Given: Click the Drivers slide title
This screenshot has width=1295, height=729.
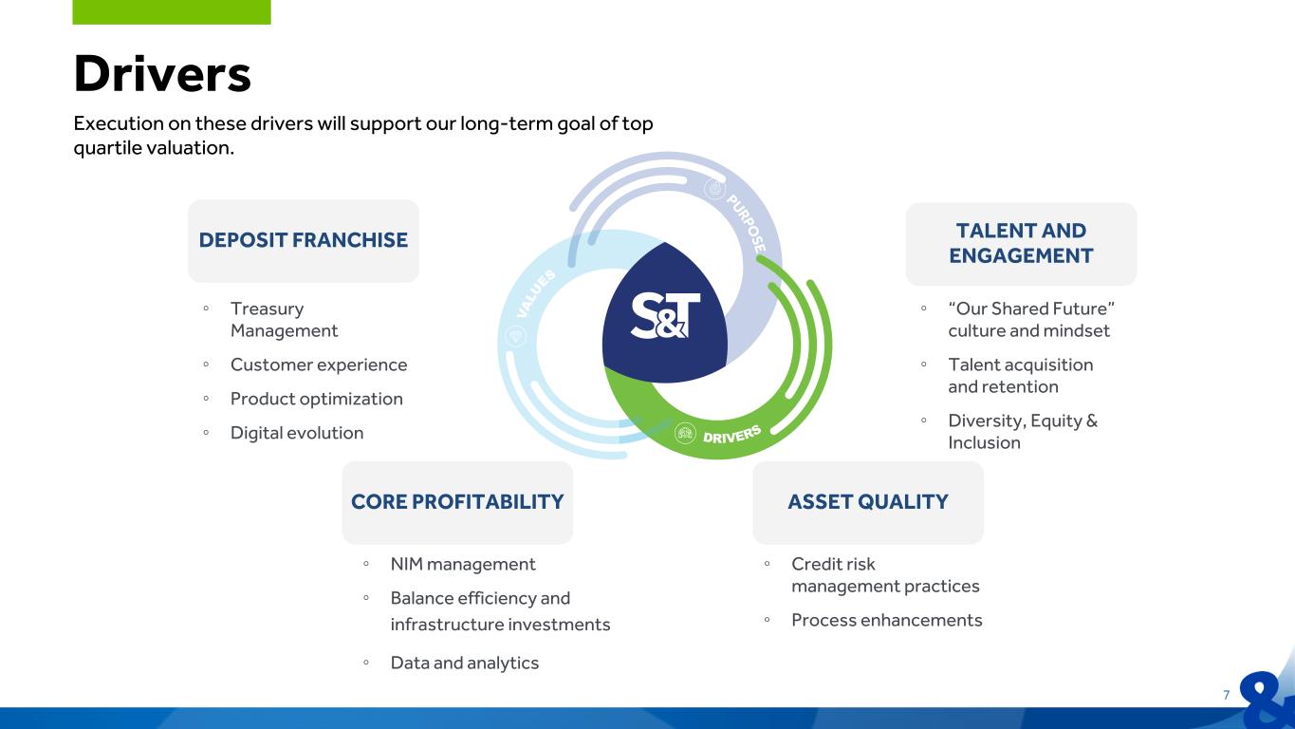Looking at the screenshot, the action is coord(162,73).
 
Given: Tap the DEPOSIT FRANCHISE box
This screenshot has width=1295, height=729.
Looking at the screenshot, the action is coord(304,241).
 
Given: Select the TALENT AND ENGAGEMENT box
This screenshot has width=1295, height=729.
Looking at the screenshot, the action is coord(1021,244).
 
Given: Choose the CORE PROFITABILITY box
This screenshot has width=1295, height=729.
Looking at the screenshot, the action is coord(457,502).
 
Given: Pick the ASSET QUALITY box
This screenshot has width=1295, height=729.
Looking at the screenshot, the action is coord(868,502).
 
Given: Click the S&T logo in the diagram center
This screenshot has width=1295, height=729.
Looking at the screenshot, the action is coord(665,315).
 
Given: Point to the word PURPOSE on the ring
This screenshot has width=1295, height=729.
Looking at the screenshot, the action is coord(747,223).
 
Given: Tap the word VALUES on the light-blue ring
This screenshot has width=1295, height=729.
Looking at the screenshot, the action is coord(536,292).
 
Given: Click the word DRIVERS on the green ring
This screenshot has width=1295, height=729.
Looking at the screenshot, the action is coord(731,435).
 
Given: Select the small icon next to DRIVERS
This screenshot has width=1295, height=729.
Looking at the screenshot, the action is coord(685,433).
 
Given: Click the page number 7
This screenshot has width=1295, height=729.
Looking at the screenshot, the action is coord(1226,695).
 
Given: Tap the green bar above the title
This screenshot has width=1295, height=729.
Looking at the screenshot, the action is coord(172,12).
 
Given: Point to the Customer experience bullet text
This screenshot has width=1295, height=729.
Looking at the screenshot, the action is coord(319,365).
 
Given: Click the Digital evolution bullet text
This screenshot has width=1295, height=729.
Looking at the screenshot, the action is coord(297,434).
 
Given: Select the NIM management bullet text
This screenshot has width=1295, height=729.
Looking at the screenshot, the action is coord(463,564).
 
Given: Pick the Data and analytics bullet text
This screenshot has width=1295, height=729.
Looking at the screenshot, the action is coord(465,664).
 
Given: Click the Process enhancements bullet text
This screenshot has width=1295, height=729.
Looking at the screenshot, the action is coord(887,620).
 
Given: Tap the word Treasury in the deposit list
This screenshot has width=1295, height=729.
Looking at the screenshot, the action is coord(268,308).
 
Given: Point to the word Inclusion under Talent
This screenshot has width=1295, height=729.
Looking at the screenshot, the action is coord(984,442).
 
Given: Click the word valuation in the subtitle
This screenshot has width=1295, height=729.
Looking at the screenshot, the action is coord(190,148).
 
